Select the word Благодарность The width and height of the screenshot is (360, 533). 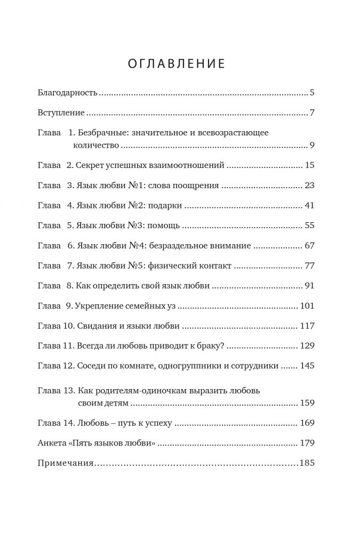click(68, 93)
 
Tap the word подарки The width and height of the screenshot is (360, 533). click(168, 206)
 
